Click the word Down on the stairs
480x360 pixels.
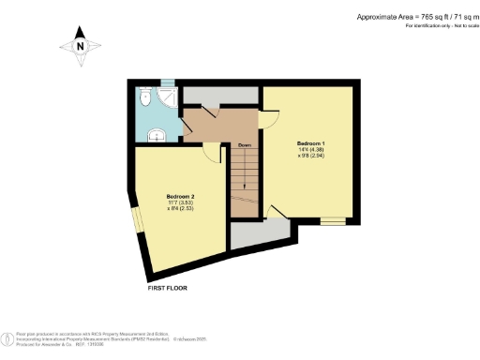click(x=244, y=145)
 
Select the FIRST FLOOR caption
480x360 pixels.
click(x=168, y=288)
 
